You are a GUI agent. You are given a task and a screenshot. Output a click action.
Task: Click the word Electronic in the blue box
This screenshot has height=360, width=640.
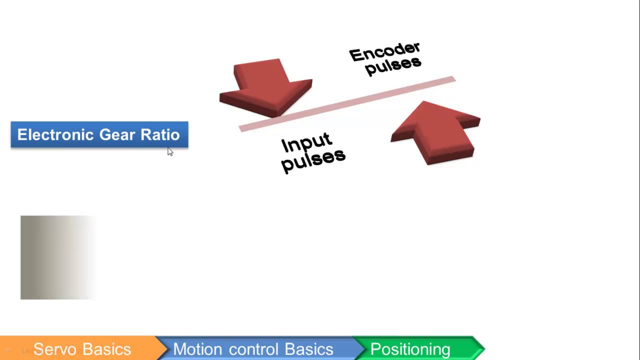[x=55, y=134]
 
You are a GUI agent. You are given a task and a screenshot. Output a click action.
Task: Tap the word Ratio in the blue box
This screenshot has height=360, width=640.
[x=160, y=134]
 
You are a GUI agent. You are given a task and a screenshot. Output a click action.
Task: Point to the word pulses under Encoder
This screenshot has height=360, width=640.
[x=393, y=66]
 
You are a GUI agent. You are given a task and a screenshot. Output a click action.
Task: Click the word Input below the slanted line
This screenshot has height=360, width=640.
[x=307, y=142]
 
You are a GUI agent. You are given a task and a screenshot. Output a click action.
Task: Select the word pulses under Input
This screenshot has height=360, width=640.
[x=313, y=161]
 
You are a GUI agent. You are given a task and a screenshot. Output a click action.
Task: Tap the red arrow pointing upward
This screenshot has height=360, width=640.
[x=435, y=133]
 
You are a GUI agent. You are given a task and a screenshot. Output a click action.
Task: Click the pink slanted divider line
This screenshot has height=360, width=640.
[x=347, y=104]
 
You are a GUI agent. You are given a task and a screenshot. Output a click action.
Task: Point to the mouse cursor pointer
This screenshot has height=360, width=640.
[x=170, y=151]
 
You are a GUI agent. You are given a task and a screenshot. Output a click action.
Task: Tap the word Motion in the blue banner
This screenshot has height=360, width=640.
[x=197, y=349]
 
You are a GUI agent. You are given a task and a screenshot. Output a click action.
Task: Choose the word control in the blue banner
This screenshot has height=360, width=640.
[x=253, y=349]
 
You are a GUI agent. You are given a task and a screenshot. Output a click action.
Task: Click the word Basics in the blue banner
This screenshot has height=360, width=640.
[x=309, y=349]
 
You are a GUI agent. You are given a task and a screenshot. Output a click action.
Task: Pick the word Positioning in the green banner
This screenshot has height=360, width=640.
[x=410, y=349]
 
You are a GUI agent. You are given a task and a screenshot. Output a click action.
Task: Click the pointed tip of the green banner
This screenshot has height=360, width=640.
[x=485, y=348]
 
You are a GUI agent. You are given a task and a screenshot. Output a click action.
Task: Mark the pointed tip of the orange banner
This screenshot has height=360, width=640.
[x=167, y=348]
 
